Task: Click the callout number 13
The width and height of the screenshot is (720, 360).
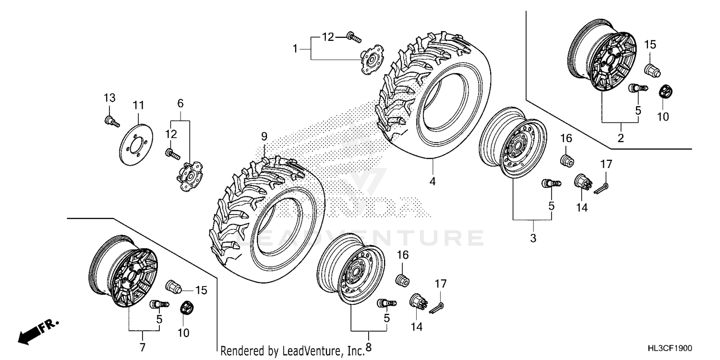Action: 109,98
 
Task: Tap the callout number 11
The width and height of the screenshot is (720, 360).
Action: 138,105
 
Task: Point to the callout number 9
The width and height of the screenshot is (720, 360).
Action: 264,136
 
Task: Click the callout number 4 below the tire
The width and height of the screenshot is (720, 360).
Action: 432,182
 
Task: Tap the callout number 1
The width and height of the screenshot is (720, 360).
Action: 296,48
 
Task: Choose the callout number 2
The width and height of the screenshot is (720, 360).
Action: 620,139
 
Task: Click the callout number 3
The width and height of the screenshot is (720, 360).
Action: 533,238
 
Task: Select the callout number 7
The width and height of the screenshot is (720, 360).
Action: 142,347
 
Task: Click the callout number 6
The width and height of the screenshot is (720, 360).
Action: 180,103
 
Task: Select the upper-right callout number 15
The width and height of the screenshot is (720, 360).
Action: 649,45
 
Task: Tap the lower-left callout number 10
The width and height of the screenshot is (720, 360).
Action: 183,332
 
